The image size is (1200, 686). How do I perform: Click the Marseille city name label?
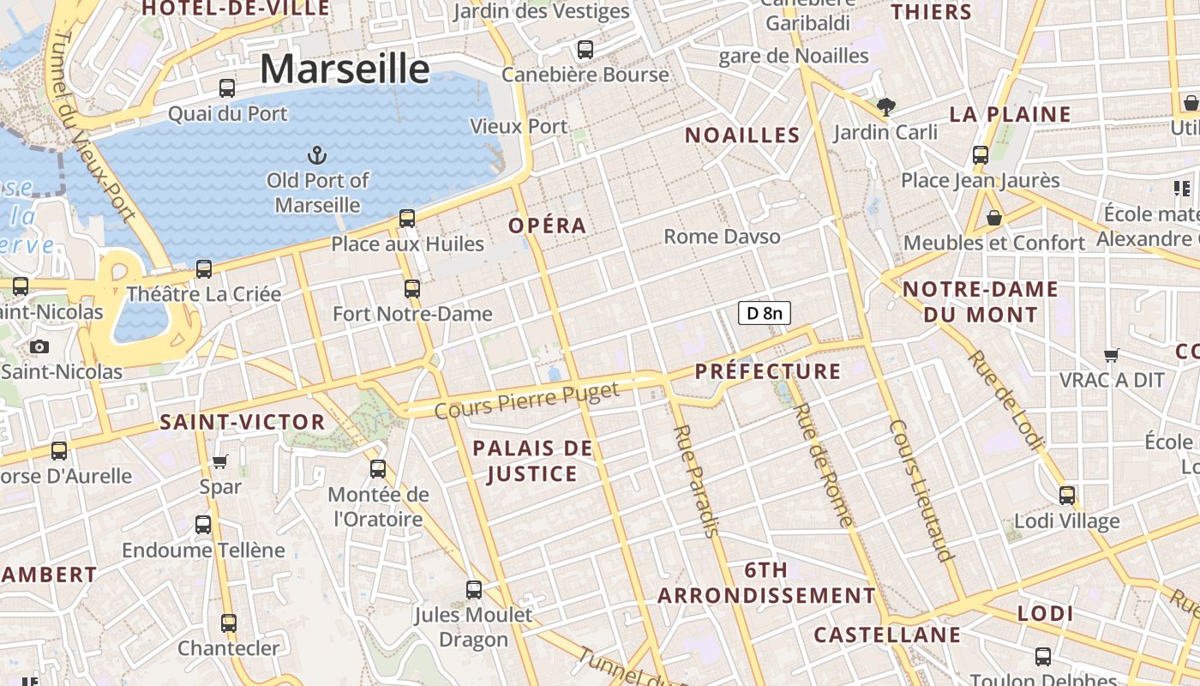click(345, 69)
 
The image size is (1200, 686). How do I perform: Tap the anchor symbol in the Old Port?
click(317, 155)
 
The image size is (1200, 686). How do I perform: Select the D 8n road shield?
click(764, 313)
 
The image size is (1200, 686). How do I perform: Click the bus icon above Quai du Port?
click(227, 87)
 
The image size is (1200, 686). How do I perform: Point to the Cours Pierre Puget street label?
click(526, 400)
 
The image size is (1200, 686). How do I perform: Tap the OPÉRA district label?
click(547, 226)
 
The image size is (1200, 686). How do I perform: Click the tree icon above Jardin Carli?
click(886, 107)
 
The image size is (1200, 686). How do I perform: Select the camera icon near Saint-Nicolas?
click(39, 346)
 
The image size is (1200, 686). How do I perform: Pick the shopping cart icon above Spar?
click(220, 462)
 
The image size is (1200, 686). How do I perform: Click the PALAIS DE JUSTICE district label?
click(532, 460)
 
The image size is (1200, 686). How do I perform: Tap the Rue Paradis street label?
click(696, 480)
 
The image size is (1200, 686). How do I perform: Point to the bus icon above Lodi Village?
click(1067, 495)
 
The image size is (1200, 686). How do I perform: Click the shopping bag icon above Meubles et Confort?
click(994, 218)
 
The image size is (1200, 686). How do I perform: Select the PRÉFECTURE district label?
click(768, 371)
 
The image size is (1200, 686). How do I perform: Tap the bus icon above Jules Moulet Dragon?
click(474, 589)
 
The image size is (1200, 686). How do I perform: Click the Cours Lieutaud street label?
click(921, 490)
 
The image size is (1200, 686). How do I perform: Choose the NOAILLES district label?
click(742, 135)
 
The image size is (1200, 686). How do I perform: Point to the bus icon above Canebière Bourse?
click(585, 50)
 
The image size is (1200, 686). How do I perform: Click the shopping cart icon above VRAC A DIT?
click(1112, 354)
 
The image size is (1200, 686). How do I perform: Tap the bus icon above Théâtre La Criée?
click(204, 268)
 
